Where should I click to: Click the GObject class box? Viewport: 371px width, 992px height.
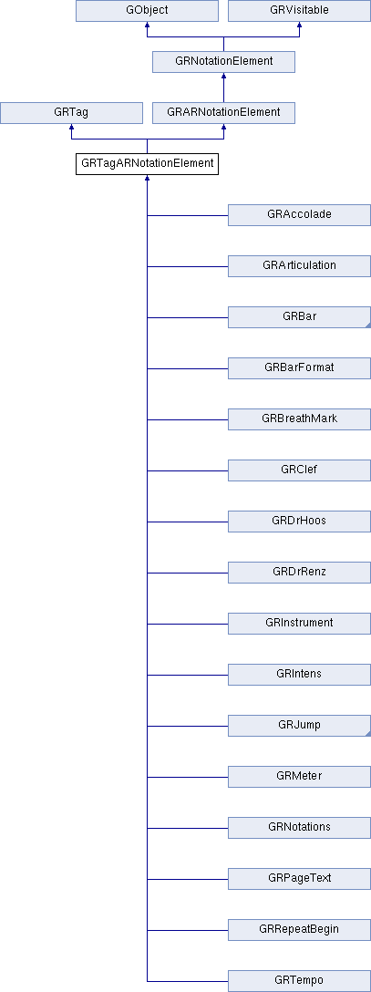(x=148, y=11)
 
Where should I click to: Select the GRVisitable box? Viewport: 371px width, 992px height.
(x=299, y=11)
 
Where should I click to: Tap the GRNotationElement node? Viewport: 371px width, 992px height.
(x=223, y=61)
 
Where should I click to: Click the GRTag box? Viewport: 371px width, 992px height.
(x=71, y=113)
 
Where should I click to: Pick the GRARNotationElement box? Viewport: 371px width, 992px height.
(x=223, y=113)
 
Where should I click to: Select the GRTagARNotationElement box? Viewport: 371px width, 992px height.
(x=148, y=164)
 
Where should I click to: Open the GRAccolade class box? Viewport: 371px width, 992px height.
(x=299, y=215)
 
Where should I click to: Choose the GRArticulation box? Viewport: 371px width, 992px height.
(x=299, y=265)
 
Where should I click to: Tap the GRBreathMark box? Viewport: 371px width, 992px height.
(x=299, y=418)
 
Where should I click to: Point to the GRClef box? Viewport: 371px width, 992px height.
(x=299, y=470)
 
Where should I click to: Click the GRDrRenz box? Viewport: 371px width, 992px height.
(x=299, y=572)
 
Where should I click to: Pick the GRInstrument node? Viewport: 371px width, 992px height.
(x=299, y=623)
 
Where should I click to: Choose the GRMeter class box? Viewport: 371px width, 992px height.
(x=299, y=776)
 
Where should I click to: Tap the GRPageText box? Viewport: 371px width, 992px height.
(x=299, y=878)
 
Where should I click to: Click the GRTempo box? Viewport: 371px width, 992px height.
(x=299, y=981)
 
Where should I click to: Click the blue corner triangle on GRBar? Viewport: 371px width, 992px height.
(x=367, y=325)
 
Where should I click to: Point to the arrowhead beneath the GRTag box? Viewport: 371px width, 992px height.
(x=71, y=127)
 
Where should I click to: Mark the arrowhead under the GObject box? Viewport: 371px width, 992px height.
(x=148, y=26)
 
